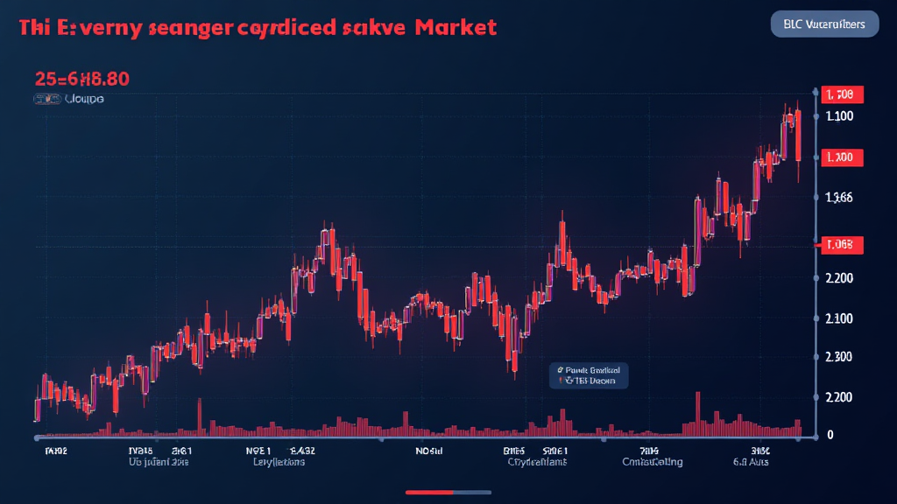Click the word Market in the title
(x=456, y=27)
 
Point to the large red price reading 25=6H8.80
(x=82, y=79)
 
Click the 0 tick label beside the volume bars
(x=830, y=435)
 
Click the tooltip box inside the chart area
(x=584, y=375)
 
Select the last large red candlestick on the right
(x=798, y=136)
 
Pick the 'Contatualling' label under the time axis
(x=652, y=461)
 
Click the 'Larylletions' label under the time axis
(x=279, y=461)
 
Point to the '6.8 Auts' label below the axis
(x=750, y=461)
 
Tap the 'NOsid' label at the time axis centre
(x=429, y=451)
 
